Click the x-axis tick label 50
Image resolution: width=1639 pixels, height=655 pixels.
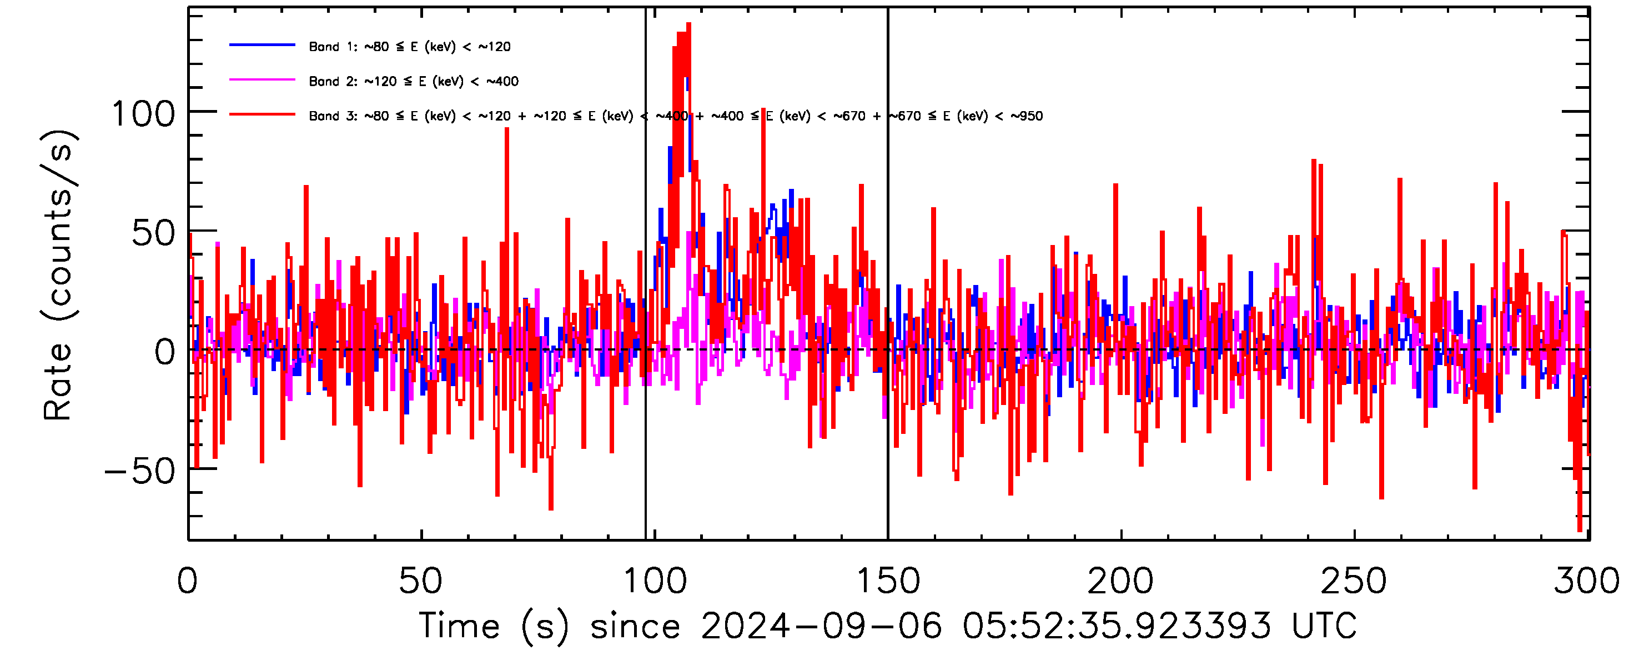420,581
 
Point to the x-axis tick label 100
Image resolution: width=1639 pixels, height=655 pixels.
655,581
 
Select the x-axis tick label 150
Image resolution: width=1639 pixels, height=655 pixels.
888,581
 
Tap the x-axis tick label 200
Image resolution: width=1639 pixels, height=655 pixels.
1120,581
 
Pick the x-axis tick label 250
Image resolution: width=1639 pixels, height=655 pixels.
1354,581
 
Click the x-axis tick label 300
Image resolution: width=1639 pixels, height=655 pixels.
1587,581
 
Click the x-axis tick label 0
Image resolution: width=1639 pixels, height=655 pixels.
188,581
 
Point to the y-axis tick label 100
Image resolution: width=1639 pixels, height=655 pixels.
143,114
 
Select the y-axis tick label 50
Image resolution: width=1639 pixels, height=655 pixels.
153,233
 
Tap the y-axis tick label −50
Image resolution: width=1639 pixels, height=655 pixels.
140,472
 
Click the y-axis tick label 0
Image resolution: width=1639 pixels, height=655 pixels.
165,352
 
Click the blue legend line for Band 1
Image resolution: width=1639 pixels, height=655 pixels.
262,45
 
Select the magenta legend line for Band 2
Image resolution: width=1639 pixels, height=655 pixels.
262,80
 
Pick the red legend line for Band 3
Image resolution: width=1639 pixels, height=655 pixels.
262,115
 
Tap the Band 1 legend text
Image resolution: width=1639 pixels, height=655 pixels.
410,47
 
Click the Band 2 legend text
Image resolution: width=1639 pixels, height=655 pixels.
414,82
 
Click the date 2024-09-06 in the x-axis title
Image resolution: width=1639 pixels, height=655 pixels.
821,626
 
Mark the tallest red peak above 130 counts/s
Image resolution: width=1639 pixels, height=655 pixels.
688,26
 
